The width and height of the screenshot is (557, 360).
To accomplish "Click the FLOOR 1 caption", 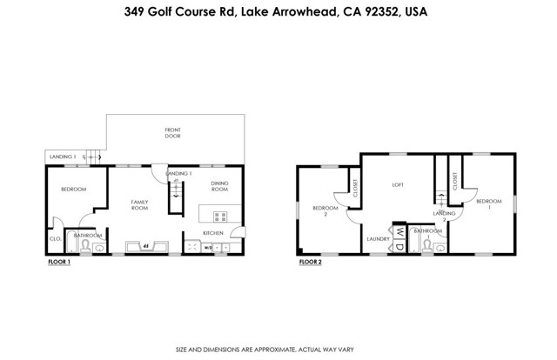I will click(x=58, y=261).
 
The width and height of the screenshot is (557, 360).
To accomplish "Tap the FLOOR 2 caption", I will click(x=310, y=261).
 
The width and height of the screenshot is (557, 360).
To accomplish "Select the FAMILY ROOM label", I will click(x=139, y=205).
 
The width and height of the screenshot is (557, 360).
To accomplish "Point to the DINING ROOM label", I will click(x=219, y=186).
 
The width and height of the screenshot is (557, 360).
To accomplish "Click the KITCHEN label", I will click(x=213, y=233).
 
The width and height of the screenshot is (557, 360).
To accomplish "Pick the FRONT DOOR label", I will click(x=173, y=134).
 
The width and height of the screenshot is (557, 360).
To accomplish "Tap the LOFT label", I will click(x=398, y=184).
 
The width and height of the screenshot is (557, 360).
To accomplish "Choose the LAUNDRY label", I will click(x=377, y=238).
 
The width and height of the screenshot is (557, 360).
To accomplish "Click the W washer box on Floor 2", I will click(x=398, y=232).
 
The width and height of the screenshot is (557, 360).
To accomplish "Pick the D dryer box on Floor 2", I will click(x=398, y=246).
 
